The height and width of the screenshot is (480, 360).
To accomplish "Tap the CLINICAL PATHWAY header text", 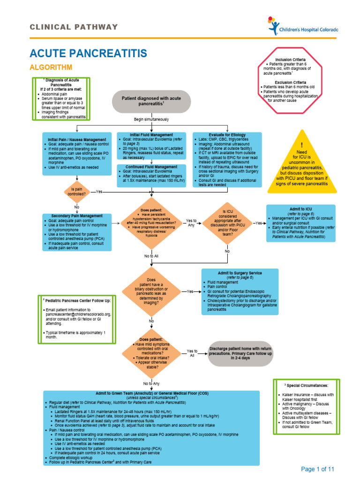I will pos(74,27).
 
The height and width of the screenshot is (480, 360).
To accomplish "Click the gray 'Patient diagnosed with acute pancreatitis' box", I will pos(151,102).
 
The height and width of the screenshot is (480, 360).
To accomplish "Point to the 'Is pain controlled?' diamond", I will pos(76,191).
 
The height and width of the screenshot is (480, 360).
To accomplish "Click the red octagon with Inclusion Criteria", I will pos(290,87).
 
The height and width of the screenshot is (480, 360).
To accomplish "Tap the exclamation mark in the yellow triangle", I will pos(302,145).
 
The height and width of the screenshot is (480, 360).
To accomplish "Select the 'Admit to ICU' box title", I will pos(300,208).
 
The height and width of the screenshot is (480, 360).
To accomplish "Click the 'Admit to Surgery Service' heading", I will pos(240,273).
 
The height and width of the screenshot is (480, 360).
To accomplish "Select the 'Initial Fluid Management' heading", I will pos(151,135).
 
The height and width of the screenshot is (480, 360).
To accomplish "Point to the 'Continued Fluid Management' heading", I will pos(151,167).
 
